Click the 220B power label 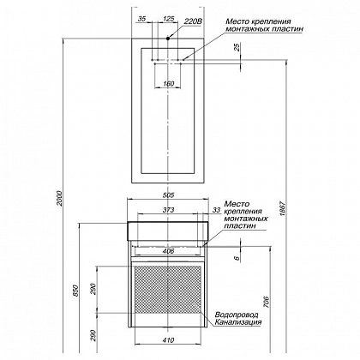(193, 21)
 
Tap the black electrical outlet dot (168, 38)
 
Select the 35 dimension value (141, 19)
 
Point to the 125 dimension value (168, 19)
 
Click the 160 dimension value (169, 84)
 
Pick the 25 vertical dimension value (237, 47)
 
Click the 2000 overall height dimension (59, 198)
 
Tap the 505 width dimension (168, 195)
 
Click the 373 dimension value (168, 210)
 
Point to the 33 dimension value (217, 210)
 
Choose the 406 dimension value (169, 251)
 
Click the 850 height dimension (75, 291)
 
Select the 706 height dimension (266, 302)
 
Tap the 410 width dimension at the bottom (169, 340)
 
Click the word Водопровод (237, 315)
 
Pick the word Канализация (238, 322)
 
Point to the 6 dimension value (237, 258)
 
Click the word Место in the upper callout (237, 21)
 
